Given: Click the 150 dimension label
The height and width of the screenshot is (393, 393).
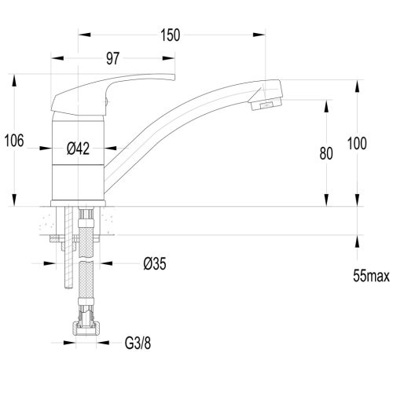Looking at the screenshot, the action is click(171, 35).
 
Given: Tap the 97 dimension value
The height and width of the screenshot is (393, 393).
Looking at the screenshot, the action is click(112, 58).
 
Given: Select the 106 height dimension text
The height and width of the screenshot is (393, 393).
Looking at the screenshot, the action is click(14, 141).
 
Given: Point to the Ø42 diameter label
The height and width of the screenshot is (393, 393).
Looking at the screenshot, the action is click(78, 149).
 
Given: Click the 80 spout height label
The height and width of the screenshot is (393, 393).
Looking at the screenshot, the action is click(326, 153).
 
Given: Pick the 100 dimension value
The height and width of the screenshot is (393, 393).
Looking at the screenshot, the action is click(357, 144).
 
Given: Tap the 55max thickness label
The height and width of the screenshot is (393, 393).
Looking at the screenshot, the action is click(371, 276).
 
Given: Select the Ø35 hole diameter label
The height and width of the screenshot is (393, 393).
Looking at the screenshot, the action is click(155, 263).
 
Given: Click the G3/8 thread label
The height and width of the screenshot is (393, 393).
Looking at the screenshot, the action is click(138, 343).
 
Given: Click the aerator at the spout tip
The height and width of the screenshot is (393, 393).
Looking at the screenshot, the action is click(266, 105).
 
